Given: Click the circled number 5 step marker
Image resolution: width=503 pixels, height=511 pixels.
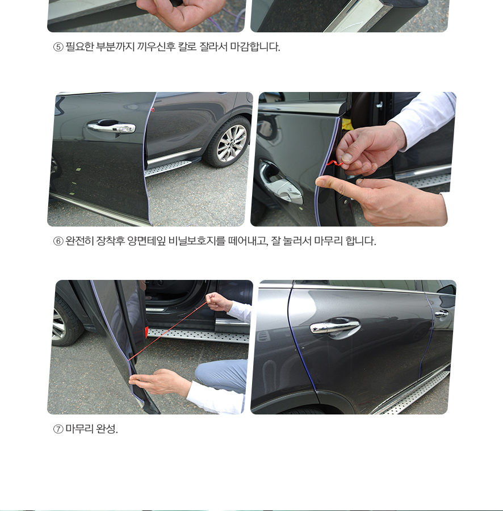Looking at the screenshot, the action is click(58, 47).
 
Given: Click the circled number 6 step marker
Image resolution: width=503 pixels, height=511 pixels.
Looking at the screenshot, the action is click(58, 241).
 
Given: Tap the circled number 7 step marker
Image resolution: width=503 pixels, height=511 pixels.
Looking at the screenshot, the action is click(58, 429).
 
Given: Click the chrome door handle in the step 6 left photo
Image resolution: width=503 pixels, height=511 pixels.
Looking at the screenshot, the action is click(111, 127).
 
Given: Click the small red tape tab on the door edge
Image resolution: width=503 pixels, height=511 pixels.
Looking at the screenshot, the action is click(153, 110).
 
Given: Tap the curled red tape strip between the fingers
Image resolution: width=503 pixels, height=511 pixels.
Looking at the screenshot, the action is click(334, 163).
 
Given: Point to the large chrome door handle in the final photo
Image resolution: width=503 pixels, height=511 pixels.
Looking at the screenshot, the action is click(335, 326).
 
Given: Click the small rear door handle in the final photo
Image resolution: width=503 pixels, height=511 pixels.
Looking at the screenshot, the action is click(442, 313).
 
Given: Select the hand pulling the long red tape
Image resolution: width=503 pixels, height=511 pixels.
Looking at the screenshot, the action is click(218, 302).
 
